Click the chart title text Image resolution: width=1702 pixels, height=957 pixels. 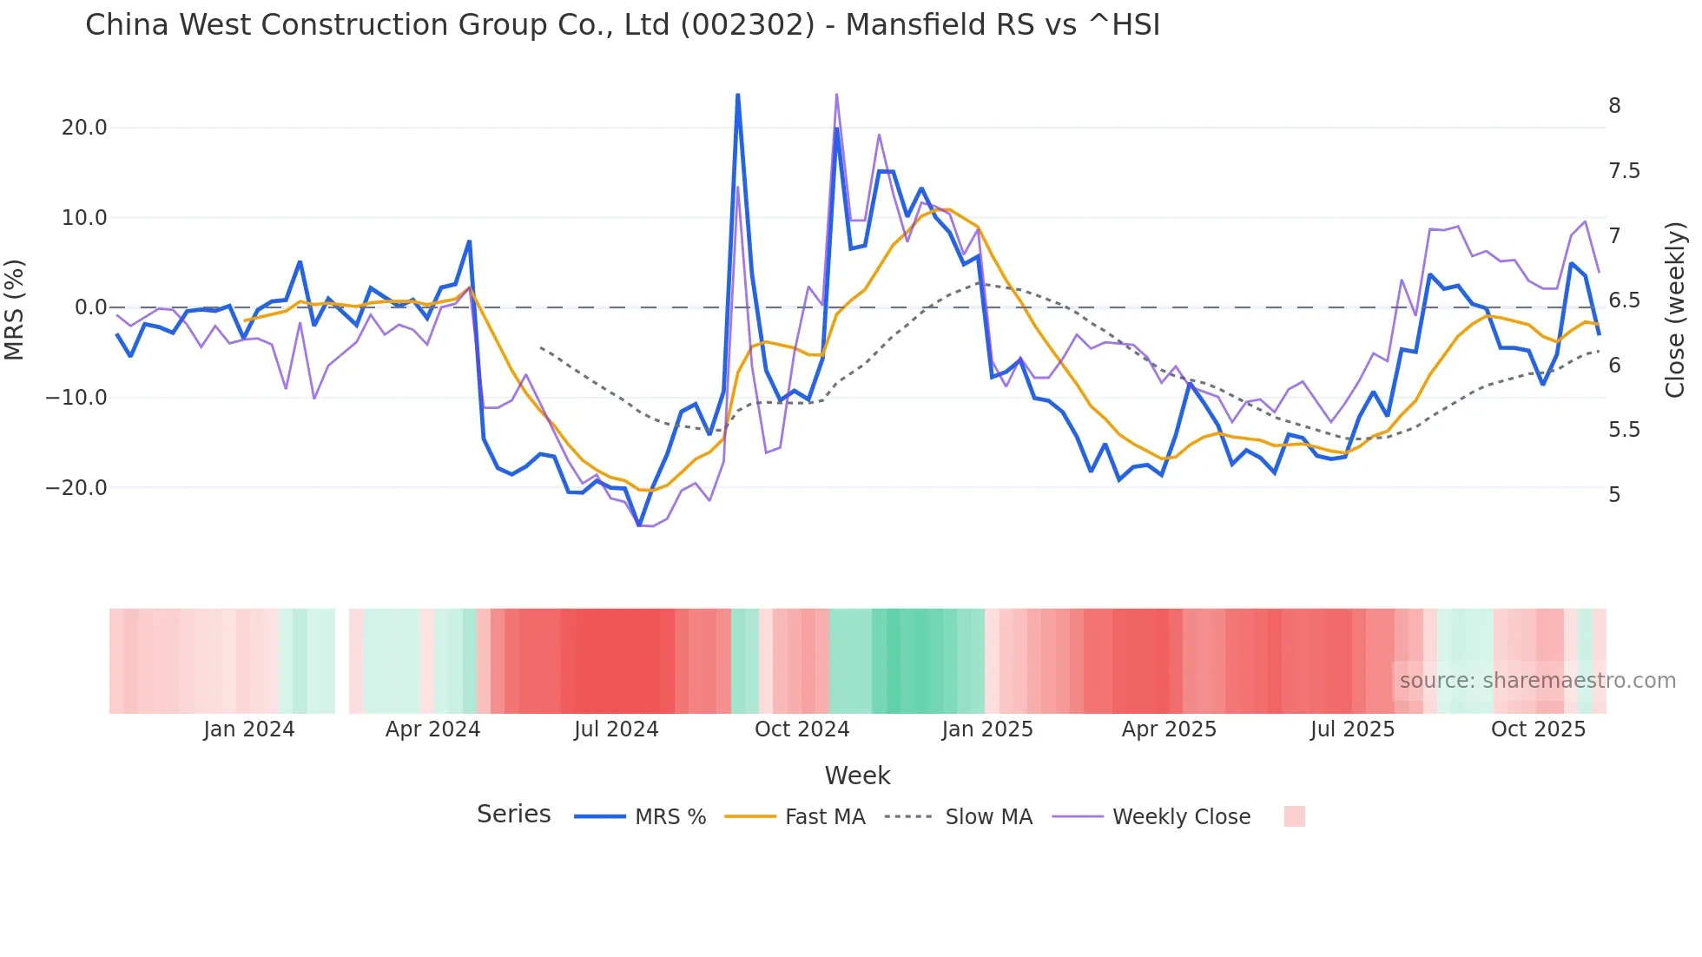(x=622, y=25)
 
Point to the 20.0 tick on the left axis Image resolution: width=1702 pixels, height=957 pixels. (x=84, y=128)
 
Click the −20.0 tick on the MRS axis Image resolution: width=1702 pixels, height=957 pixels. (x=76, y=488)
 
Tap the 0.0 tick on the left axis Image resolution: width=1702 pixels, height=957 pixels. (x=91, y=307)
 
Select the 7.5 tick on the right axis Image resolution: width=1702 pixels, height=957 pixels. (x=1624, y=171)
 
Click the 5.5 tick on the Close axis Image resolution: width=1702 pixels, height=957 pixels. (x=1624, y=430)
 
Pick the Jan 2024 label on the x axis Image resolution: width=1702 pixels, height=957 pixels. (x=249, y=729)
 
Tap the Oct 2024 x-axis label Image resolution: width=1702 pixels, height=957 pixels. (x=802, y=729)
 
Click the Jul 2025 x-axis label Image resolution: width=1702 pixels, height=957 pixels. (x=1352, y=729)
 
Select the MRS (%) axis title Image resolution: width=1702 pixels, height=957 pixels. (x=14, y=309)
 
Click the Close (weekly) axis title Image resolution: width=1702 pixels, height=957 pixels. (x=1675, y=310)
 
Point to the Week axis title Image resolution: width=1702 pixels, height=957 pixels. (x=857, y=775)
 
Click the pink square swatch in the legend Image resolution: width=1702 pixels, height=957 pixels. (x=1294, y=816)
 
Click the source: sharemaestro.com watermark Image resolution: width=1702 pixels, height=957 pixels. (x=1537, y=681)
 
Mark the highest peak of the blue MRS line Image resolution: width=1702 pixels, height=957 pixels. (x=737, y=95)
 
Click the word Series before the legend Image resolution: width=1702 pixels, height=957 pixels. (x=513, y=815)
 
